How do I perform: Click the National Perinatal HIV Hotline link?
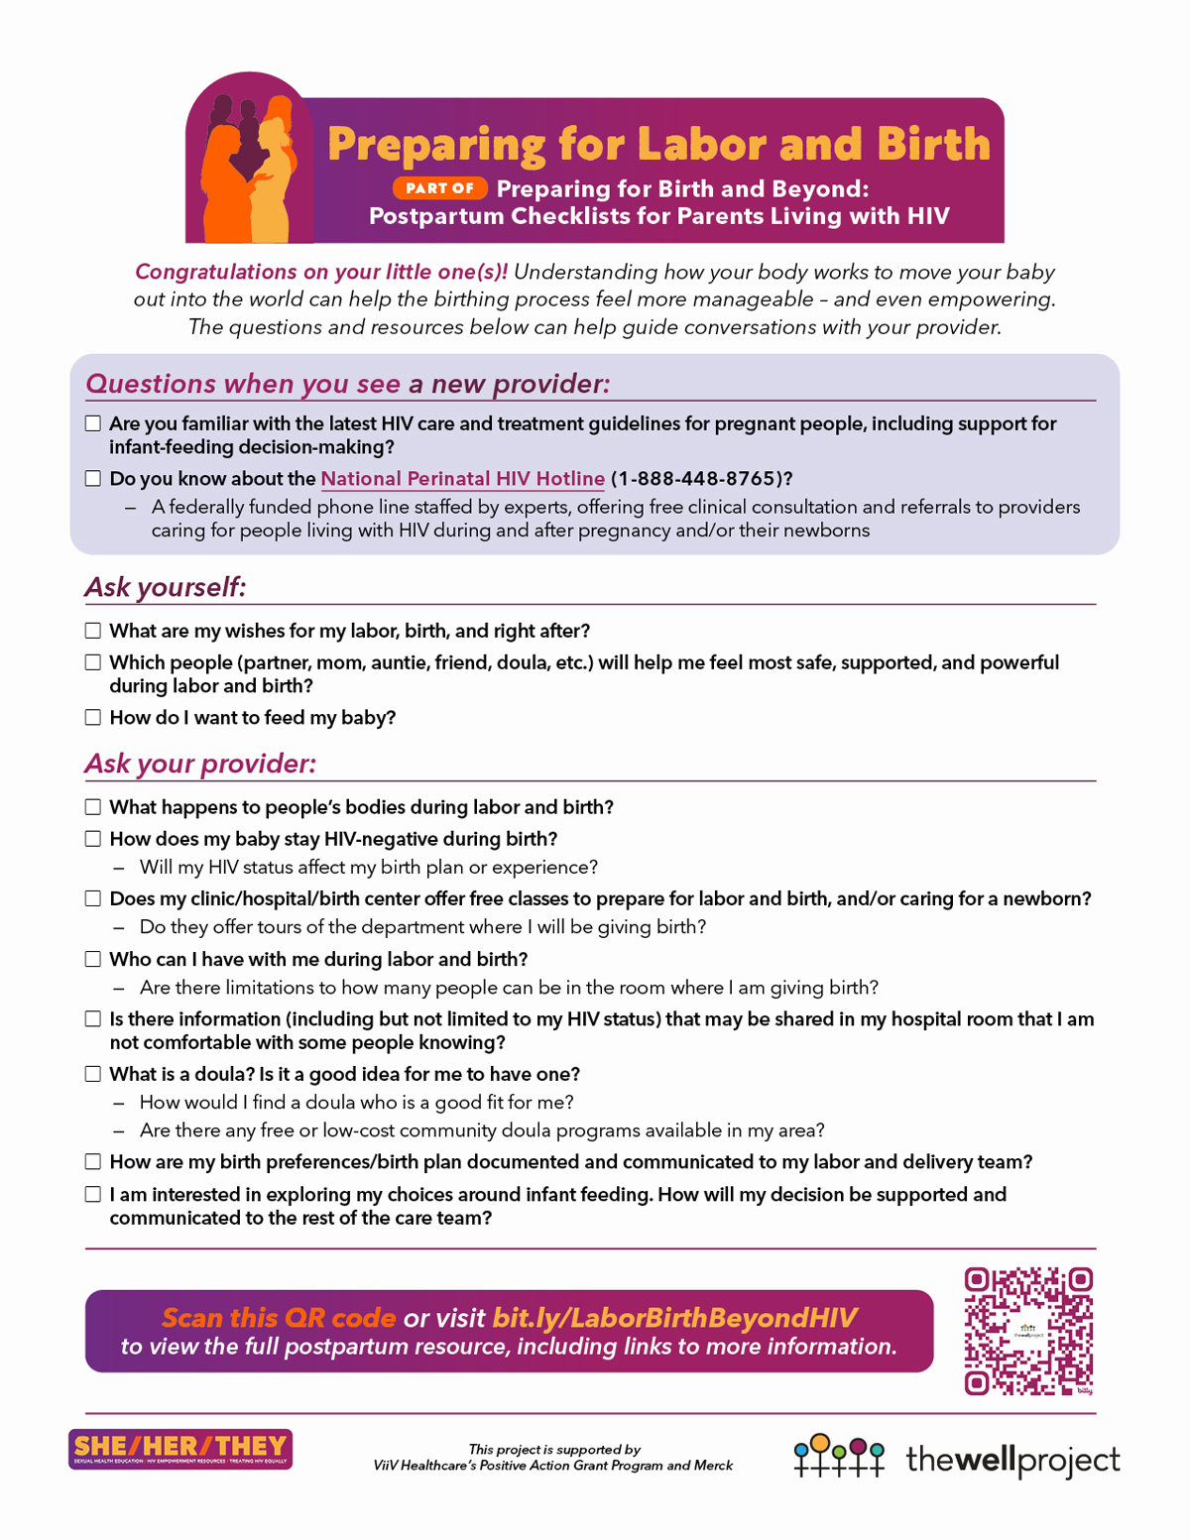[x=462, y=479]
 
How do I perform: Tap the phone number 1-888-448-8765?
[x=700, y=479]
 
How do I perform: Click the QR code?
[x=1028, y=1331]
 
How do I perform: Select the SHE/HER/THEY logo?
[x=180, y=1449]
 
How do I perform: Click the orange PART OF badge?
[x=439, y=188]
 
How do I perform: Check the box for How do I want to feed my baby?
[x=93, y=718]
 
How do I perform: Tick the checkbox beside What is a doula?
[x=93, y=1074]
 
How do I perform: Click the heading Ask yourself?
[x=165, y=587]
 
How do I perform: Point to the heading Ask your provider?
[x=200, y=764]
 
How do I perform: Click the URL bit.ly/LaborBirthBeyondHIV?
[x=674, y=1317]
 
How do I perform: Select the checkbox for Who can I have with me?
[x=93, y=959]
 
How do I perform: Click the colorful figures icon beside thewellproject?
[x=839, y=1456]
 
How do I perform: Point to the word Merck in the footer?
[x=713, y=1466]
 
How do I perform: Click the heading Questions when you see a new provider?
[x=347, y=384]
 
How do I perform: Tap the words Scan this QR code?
[x=279, y=1317]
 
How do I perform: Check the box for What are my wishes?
[x=93, y=631]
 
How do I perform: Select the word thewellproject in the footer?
[x=1012, y=1460]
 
